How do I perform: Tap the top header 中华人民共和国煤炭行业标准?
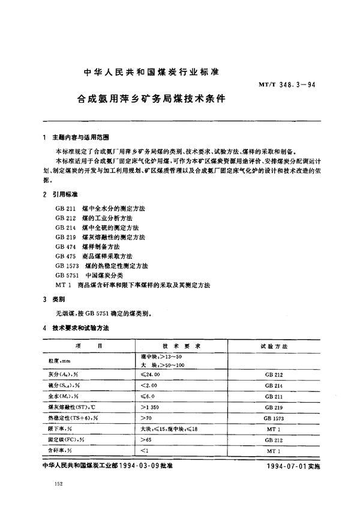click(152, 71)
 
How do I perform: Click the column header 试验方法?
click(274, 346)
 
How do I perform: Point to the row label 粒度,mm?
click(60, 361)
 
